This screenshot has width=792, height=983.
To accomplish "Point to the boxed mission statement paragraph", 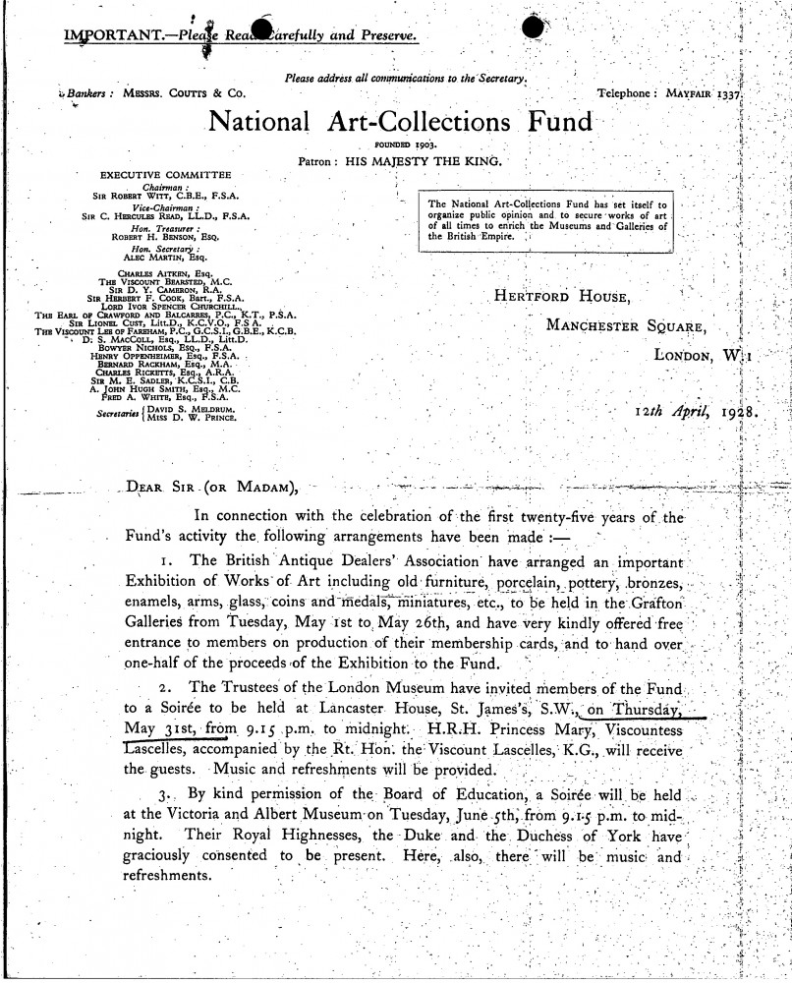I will (546, 219).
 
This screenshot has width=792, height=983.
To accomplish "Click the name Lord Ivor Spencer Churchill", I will (160, 306).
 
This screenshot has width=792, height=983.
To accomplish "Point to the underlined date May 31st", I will (164, 728).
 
